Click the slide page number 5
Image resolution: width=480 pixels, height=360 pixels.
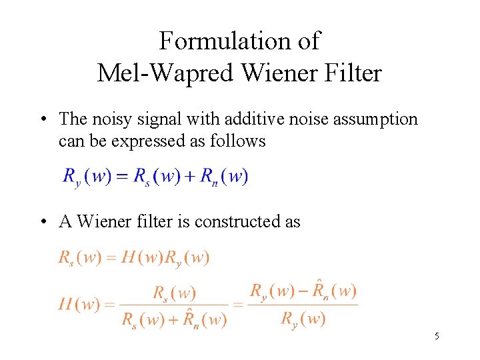437,336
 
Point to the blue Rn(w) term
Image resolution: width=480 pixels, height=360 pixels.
224,177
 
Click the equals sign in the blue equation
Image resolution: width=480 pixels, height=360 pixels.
122,177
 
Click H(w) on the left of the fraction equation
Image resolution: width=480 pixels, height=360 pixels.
79,305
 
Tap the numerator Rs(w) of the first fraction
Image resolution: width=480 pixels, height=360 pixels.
174,293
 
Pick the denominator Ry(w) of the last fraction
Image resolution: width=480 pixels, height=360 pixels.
303,319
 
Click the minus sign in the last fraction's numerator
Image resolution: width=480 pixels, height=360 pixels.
303,291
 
